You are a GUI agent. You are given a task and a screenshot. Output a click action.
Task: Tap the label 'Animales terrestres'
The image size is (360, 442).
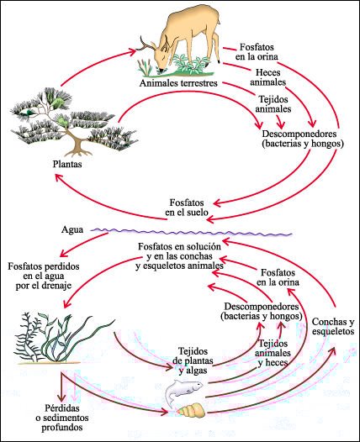coord(178,83)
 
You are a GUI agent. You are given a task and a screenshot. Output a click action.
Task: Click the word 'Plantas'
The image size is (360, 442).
coord(67,164)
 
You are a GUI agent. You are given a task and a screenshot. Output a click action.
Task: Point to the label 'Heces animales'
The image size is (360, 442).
coord(268,77)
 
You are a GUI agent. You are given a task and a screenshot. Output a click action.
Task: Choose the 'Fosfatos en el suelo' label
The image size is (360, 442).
coord(187,208)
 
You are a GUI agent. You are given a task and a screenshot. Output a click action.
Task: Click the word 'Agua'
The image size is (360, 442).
coord(72,229)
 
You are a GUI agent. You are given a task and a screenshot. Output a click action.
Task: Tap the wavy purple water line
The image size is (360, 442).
coord(191,232)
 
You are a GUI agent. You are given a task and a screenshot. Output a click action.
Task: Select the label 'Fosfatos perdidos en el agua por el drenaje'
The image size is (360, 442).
coord(44,276)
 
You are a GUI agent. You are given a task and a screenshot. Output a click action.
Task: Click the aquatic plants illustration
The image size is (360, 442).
coord(63,339)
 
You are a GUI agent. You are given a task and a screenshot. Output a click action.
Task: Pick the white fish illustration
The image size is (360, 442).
coord(183,391)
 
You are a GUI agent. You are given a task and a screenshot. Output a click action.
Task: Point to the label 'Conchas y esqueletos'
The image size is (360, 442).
coord(333,326)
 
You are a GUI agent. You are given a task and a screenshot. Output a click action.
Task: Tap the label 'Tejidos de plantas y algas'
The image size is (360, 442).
coord(193,360)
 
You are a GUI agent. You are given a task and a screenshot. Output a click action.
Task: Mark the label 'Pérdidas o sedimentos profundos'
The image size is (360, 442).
coord(62,418)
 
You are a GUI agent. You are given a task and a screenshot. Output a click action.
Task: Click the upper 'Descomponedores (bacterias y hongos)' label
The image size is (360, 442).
coord(303,139)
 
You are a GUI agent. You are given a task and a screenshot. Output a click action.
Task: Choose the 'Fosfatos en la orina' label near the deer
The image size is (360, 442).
coord(257,51)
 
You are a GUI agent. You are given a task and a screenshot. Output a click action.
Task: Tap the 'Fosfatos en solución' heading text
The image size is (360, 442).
coord(179,247)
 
